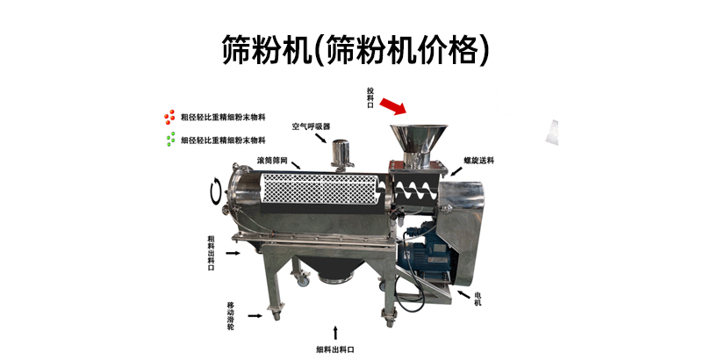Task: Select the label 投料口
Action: coord(370,98)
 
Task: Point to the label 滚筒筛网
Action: coord(272,161)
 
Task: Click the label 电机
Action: coord(478,298)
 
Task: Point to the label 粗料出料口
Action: coord(211,252)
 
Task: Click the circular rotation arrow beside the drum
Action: coord(213,190)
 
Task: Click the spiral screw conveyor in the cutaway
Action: coord(416,187)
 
